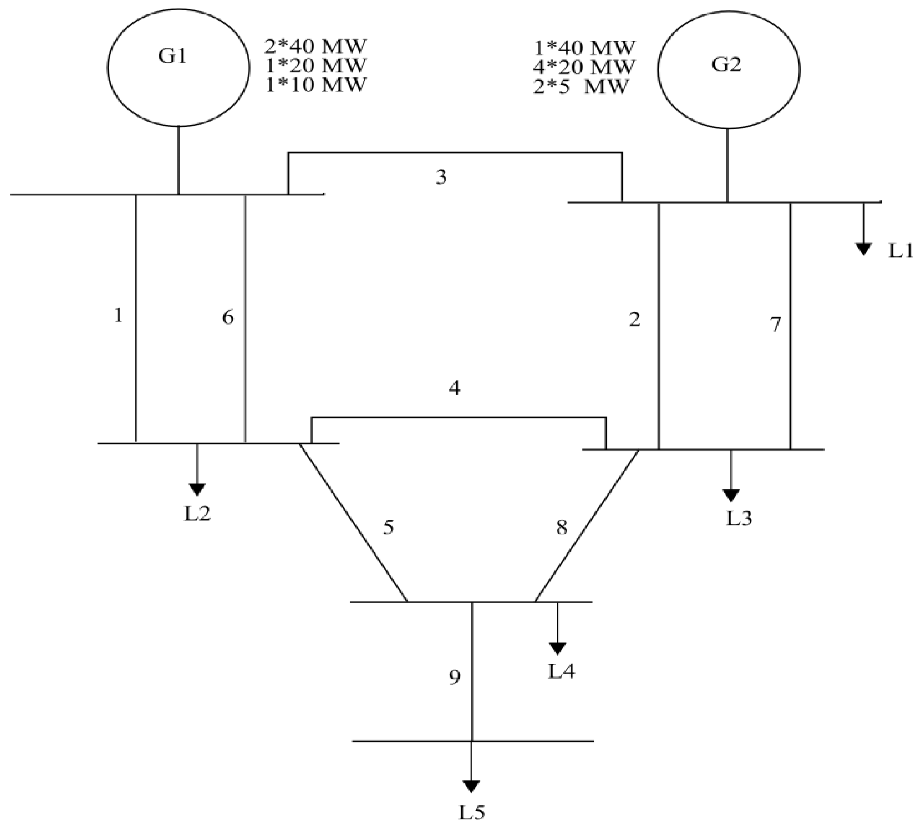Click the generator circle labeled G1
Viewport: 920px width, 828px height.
(x=178, y=68)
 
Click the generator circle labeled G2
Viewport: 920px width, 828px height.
(x=728, y=69)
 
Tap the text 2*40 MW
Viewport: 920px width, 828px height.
(x=315, y=46)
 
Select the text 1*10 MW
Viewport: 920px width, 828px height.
(x=315, y=85)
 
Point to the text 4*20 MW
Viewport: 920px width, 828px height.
(x=584, y=67)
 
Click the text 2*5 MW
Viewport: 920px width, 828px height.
(x=580, y=86)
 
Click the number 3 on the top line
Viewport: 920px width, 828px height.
(x=441, y=177)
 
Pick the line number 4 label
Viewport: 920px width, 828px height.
(x=454, y=388)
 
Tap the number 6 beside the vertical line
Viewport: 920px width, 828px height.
(x=228, y=317)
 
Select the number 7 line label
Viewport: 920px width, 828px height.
(x=775, y=324)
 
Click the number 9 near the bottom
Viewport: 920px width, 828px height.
(x=454, y=678)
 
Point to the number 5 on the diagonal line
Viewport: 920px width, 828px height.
(x=388, y=528)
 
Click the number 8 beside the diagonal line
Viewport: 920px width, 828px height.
(x=562, y=528)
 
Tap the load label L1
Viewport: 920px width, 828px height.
(x=901, y=251)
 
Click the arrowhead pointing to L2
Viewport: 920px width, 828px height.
(x=197, y=489)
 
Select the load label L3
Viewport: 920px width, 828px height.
(x=739, y=518)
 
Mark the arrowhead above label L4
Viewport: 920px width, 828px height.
(x=558, y=648)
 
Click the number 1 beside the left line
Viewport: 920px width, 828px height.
(x=118, y=315)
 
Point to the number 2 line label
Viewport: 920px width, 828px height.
(x=634, y=320)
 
